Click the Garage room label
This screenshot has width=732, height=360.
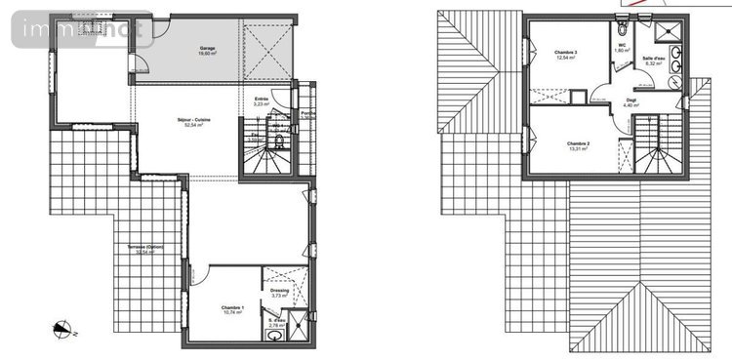tap(208, 48)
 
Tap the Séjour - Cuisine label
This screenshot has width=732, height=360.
tap(193, 120)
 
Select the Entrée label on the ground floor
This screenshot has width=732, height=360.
tap(261, 99)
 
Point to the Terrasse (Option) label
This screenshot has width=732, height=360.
tap(143, 247)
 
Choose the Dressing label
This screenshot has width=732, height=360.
tap(279, 289)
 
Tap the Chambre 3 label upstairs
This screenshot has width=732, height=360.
tap(566, 52)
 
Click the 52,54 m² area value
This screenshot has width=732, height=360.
tap(193, 126)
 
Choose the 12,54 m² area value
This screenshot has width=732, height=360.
tap(566, 58)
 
